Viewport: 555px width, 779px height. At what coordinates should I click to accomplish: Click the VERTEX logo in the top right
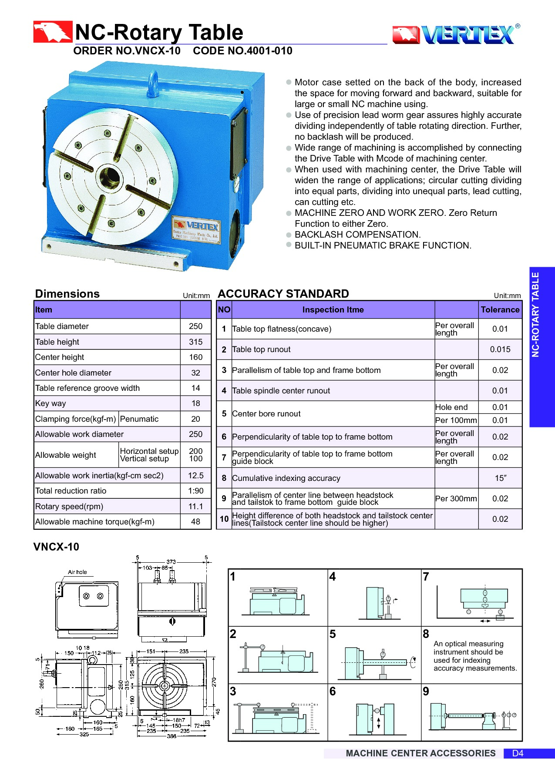click(456, 34)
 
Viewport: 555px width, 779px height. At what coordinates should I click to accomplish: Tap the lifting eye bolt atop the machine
click(153, 82)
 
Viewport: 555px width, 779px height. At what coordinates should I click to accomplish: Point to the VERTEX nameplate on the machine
click(196, 230)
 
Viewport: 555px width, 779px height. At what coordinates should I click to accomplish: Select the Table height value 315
click(195, 342)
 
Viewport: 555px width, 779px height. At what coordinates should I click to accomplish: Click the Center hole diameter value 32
click(195, 373)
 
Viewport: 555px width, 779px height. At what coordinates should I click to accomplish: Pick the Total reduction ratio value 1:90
click(195, 491)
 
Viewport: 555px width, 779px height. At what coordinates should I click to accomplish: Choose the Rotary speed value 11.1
click(195, 507)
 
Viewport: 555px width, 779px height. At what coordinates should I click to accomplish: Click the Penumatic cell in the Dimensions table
click(139, 419)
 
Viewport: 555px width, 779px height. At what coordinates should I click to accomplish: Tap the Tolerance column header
click(500, 310)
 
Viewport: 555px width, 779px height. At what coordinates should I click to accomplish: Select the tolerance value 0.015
click(500, 349)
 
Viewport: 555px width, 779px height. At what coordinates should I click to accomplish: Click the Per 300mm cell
click(456, 499)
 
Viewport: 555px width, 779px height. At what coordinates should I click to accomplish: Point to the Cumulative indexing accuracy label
click(286, 478)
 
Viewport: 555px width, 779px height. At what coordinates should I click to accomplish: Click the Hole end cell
click(451, 407)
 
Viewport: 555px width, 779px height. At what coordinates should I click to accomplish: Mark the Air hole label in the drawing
click(77, 572)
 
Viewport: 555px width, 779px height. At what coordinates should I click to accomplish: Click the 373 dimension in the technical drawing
click(171, 562)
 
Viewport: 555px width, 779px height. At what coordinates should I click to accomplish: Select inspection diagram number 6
click(374, 712)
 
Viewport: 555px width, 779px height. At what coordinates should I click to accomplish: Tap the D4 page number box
click(518, 753)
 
